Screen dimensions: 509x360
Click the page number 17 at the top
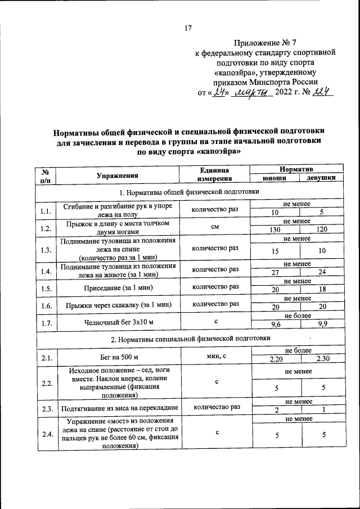pyautogui.click(x=188, y=28)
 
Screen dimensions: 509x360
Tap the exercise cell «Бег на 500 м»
pyautogui.click(x=116, y=357)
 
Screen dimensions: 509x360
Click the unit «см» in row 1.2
pyautogui.click(x=214, y=226)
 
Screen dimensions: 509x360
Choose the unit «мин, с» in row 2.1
pyautogui.click(x=214, y=356)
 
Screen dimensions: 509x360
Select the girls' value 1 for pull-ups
pyautogui.click(x=322, y=410)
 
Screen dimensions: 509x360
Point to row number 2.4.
pyautogui.click(x=46, y=434)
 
